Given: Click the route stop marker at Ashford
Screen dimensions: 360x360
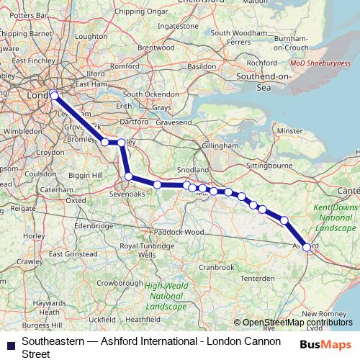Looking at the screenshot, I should [307, 247].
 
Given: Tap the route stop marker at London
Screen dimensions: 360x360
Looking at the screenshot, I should [54, 94].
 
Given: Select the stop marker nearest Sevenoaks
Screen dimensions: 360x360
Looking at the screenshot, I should [128, 176].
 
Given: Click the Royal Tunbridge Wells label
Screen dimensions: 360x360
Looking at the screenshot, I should [147, 250].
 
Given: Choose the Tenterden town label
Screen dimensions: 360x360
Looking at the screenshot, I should [238, 278].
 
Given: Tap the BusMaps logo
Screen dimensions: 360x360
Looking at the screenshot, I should [327, 344].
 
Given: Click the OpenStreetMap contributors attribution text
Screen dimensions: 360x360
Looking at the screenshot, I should [297, 323].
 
